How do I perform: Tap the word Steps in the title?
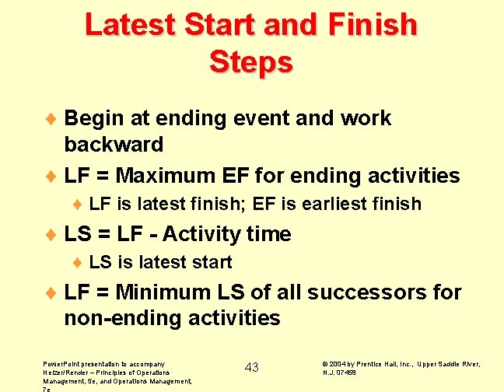click(250, 62)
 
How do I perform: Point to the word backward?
click(114, 145)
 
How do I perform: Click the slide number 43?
click(251, 367)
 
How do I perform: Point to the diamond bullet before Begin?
click(51, 118)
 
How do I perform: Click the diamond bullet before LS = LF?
click(51, 235)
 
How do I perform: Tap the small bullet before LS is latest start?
click(77, 263)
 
